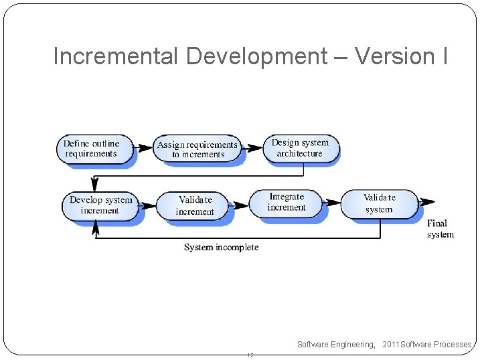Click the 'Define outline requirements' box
(92, 149)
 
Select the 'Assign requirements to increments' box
(197, 149)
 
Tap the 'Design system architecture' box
(300, 148)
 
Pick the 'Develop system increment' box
(100, 205)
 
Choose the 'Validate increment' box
(194, 205)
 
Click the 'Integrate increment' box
(286, 202)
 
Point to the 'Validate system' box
(379, 203)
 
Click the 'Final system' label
(440, 228)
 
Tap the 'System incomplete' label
(221, 248)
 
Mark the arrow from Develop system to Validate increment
(147, 205)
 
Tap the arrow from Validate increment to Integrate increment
(239, 204)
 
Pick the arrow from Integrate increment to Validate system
(331, 202)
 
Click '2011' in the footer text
(390, 345)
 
